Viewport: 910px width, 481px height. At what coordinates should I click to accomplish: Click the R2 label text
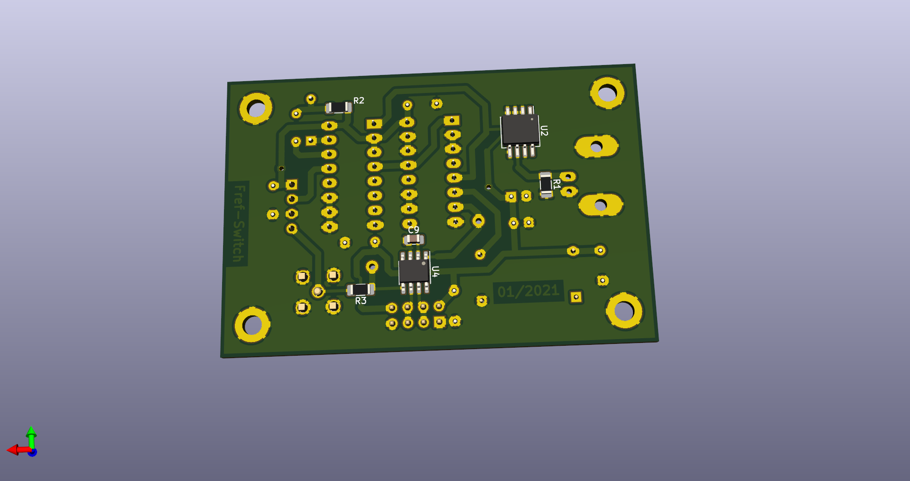coord(359,101)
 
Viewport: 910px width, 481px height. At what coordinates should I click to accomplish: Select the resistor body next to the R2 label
coord(338,107)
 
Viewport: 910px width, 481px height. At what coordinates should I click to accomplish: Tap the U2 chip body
coord(520,129)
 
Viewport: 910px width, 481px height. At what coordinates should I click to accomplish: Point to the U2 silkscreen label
coord(544,131)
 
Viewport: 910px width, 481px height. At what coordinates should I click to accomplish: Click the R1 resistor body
coord(546,184)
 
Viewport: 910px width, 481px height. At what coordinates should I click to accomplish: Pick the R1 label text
coord(557,184)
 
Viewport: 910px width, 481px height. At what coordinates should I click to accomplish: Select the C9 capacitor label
coord(414,230)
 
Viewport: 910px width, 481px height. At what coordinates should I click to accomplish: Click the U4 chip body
coord(414,271)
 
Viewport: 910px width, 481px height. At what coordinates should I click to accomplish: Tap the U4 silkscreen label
coord(436,271)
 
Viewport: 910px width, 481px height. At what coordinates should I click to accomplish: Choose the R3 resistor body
coord(361,289)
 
